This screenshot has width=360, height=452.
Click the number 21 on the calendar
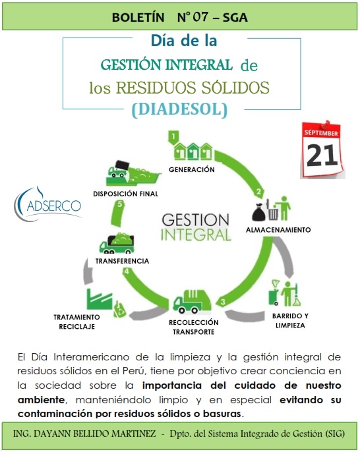point(322,155)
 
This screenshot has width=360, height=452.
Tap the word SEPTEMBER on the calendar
point(320,133)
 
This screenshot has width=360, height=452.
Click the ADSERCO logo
point(48,204)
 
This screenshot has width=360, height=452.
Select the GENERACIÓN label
point(191,169)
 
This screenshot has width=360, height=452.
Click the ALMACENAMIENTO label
point(278,230)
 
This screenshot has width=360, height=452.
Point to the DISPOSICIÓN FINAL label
point(126,194)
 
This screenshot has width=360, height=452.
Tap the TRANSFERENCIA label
point(123,261)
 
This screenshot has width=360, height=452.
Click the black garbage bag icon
point(258,212)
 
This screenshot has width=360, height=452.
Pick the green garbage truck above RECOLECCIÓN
point(192,302)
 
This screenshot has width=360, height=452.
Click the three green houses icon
point(193,151)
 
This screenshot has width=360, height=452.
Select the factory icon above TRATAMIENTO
point(99,299)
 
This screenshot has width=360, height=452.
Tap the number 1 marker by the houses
point(173,136)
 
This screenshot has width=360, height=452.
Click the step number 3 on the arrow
point(223,302)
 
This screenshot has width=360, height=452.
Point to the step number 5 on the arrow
point(120,204)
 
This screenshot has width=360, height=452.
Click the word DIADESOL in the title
point(180,109)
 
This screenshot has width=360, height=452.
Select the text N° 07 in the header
point(193,17)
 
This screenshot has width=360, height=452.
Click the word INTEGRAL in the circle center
point(196,235)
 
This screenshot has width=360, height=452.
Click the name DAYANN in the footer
point(51,434)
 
